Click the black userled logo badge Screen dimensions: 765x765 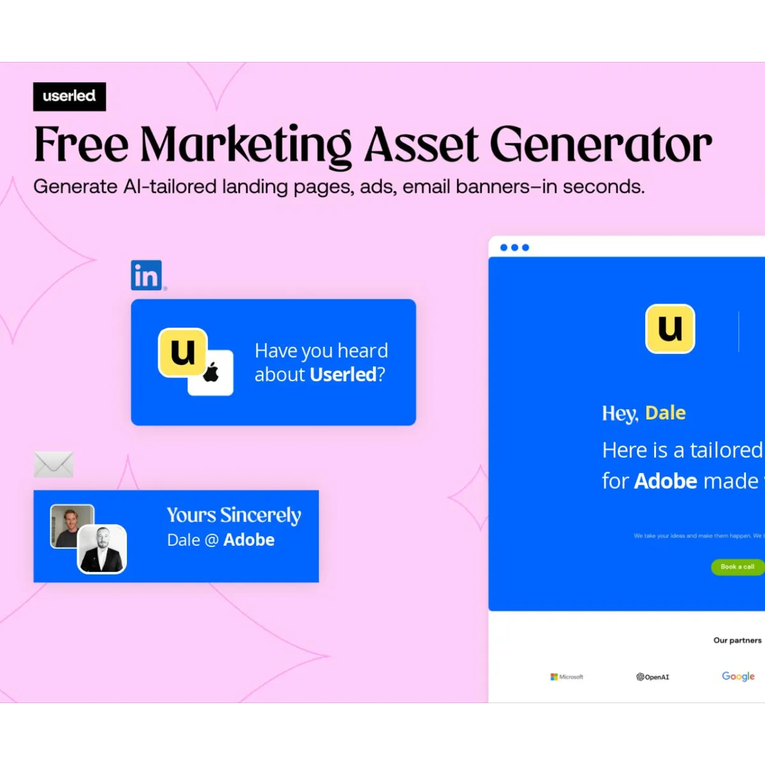tap(69, 96)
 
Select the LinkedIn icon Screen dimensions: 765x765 tap(147, 275)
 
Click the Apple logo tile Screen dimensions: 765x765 tap(212, 373)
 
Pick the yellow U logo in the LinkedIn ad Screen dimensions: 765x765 tap(183, 352)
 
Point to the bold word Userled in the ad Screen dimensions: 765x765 tap(343, 374)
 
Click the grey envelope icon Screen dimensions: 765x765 tap(54, 464)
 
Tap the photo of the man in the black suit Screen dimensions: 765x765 tap(102, 549)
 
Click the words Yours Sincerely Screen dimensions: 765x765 tap(234, 515)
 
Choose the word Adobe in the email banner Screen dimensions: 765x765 tap(249, 540)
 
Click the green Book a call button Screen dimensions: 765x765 tap(737, 567)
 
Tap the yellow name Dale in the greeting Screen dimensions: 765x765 tap(665, 413)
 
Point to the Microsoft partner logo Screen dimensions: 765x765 tap(567, 676)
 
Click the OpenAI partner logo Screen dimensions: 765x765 tap(653, 677)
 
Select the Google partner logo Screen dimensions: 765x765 tap(738, 676)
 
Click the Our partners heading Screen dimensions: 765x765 tap(737, 640)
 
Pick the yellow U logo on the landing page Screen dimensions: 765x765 tap(670, 329)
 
